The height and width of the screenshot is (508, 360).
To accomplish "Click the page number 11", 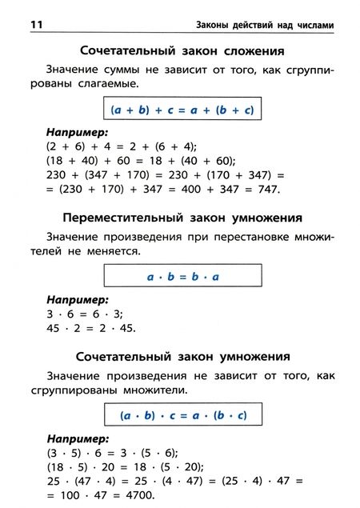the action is tap(35, 25).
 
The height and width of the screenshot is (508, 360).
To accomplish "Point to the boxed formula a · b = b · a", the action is tap(183, 276).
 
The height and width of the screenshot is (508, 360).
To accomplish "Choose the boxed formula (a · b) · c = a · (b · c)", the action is tap(183, 415).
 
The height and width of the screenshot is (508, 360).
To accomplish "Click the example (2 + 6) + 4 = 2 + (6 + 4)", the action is tap(122, 146).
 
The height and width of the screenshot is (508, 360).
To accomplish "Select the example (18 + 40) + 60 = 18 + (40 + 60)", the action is tap(135, 160).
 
